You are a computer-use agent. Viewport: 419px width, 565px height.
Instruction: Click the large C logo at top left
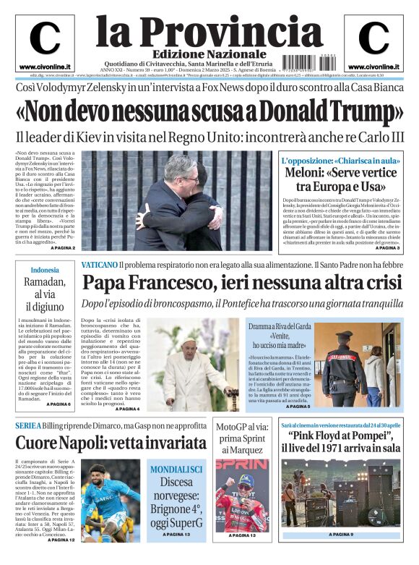(45, 37)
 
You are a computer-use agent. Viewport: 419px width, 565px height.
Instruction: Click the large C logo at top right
(373, 37)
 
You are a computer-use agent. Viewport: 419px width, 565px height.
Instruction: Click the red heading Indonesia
(45, 270)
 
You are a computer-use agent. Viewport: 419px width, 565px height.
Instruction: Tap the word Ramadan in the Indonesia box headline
(45, 282)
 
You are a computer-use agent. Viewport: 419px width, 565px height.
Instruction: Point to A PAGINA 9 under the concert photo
(341, 535)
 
